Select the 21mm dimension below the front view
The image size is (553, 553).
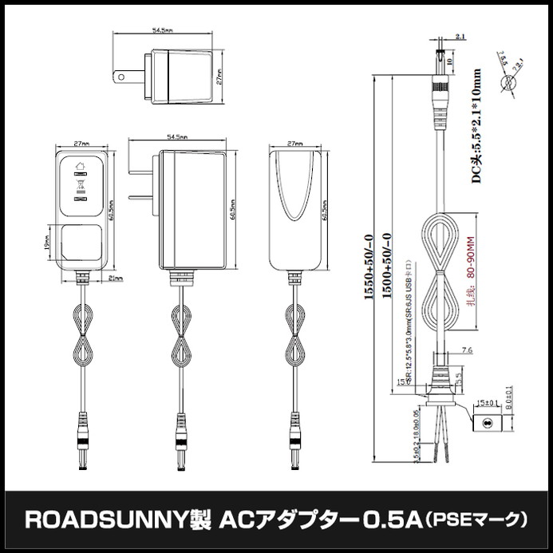[114, 278]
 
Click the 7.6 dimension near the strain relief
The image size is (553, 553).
[467, 350]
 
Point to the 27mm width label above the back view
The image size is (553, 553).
[294, 143]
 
